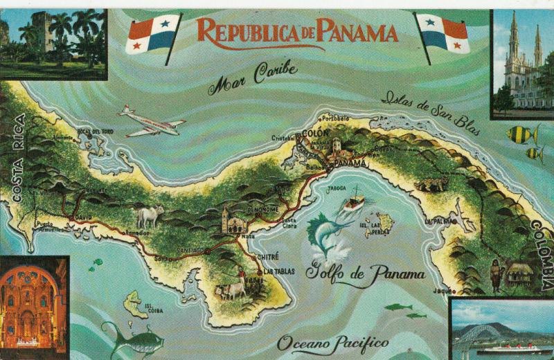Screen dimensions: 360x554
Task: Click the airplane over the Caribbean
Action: coord(152,123)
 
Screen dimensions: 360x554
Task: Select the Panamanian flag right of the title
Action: coord(444,35)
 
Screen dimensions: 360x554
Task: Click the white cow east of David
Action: coord(150,216)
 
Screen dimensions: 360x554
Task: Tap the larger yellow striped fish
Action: coord(521,134)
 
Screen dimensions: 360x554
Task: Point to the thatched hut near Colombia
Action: coord(519,273)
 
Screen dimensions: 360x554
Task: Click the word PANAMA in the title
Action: coord(354,31)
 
